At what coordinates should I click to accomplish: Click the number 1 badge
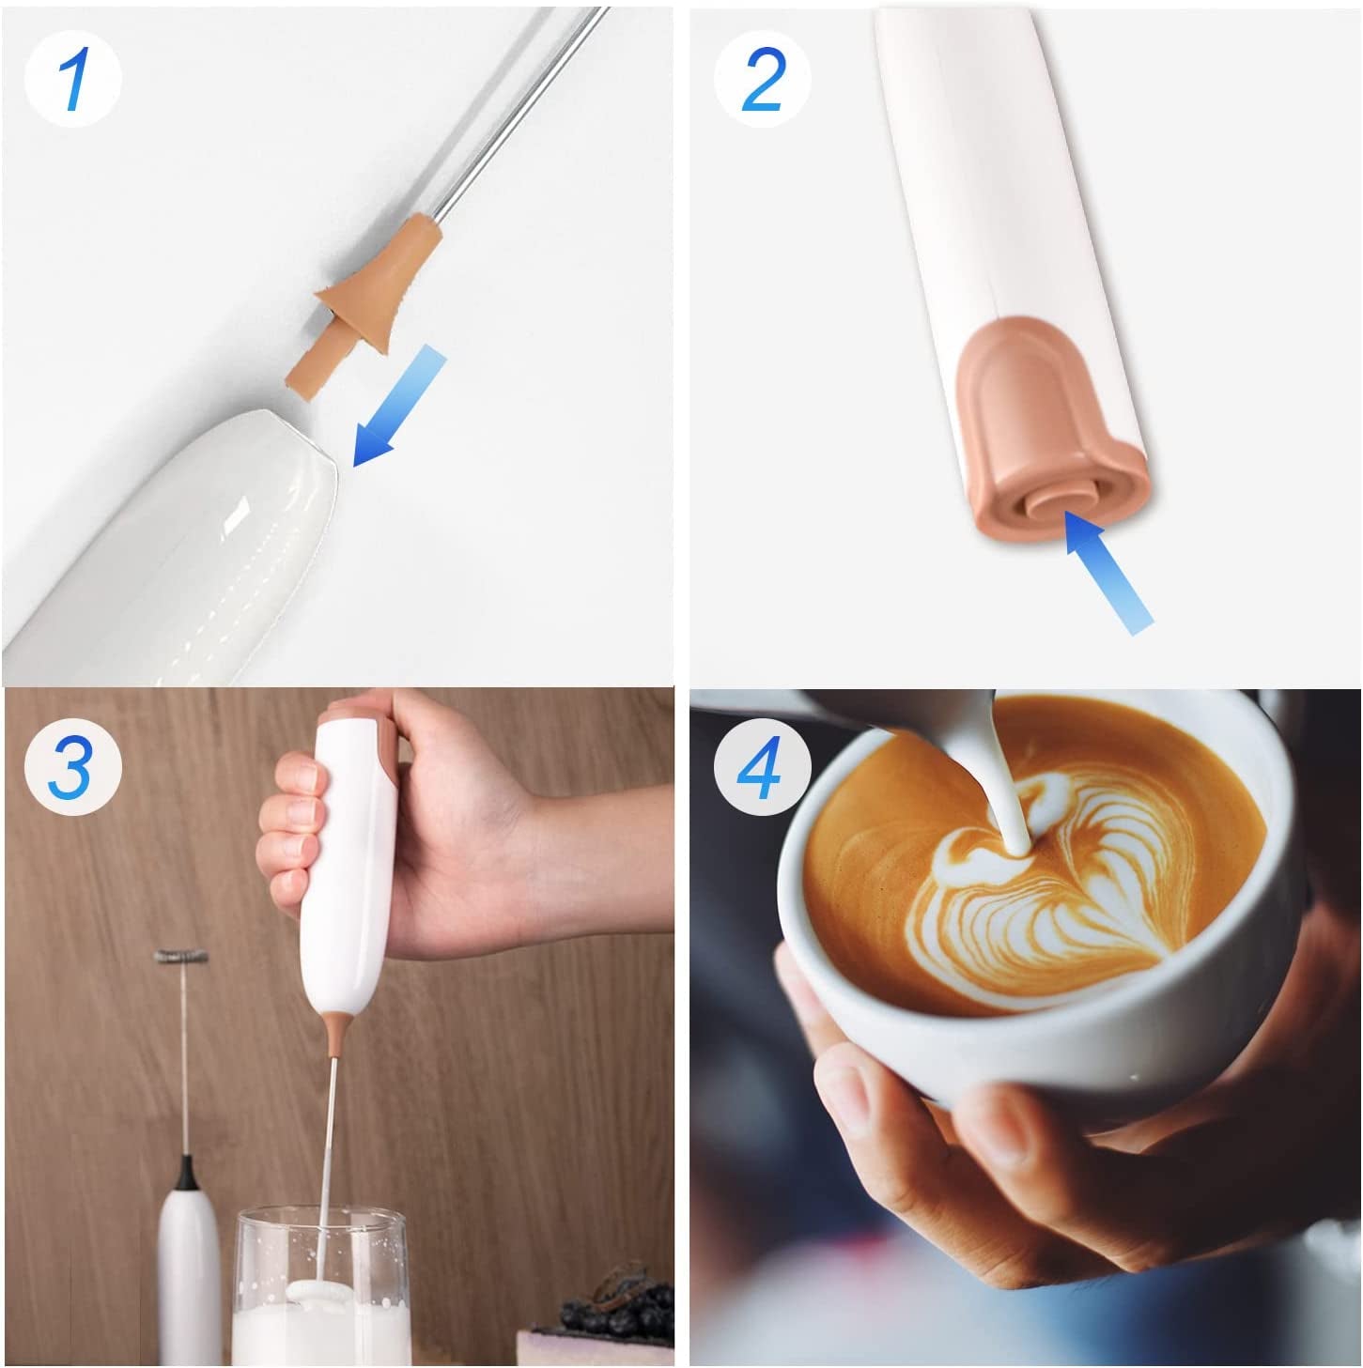[72, 79]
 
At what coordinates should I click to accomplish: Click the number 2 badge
[762, 79]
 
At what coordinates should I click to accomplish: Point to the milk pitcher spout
[968, 723]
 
